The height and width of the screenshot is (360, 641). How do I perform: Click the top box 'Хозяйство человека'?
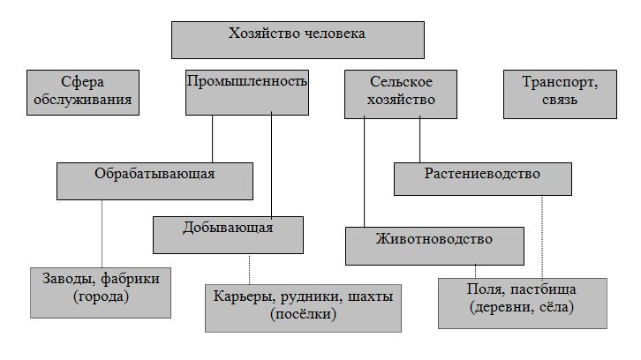(x=297, y=40)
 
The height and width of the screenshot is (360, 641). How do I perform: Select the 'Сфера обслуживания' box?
(x=84, y=93)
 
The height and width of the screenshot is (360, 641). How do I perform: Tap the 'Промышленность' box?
(x=247, y=93)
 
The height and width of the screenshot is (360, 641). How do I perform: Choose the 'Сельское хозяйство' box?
(x=402, y=93)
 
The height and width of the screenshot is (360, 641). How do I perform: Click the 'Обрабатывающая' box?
(x=155, y=181)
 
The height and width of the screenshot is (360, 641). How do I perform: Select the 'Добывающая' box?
(x=229, y=234)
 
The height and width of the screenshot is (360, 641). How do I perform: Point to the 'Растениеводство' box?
(x=480, y=177)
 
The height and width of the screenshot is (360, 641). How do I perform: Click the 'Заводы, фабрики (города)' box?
(x=101, y=292)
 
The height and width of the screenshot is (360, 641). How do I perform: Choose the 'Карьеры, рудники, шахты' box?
(x=303, y=306)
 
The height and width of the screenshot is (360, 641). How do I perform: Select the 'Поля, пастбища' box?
(x=523, y=302)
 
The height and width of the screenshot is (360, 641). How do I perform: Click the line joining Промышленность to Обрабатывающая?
(x=213, y=139)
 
